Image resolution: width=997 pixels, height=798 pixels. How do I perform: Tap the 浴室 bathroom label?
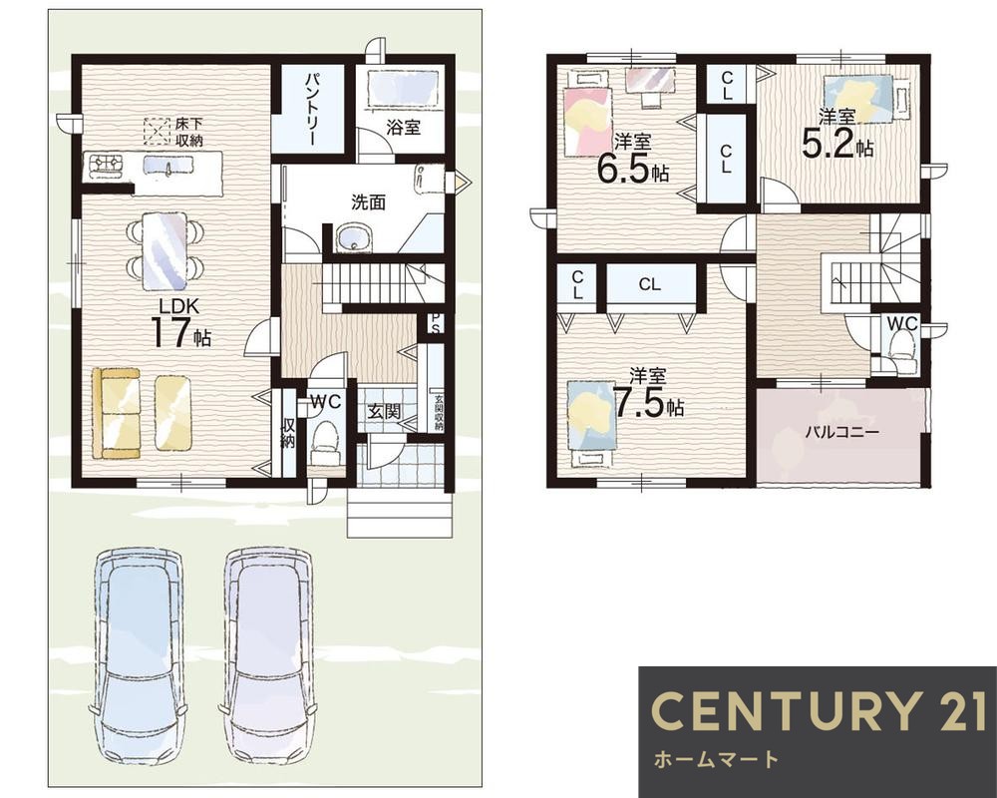point(403,128)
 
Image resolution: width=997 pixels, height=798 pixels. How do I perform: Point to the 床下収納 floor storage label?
point(188,133)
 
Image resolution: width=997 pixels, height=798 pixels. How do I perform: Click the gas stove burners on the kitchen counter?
point(107,165)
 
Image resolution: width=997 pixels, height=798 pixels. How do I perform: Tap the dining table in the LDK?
point(165,250)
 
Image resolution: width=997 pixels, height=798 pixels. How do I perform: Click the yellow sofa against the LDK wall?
point(116,412)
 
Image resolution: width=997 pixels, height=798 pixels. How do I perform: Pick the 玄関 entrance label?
point(384,411)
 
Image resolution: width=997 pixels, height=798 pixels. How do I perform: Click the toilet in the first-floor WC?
point(325,444)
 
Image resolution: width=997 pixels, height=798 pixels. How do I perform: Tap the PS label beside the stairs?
point(436,322)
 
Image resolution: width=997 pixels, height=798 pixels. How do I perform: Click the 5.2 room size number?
point(827,144)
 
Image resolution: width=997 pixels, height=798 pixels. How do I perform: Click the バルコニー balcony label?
point(841,433)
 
